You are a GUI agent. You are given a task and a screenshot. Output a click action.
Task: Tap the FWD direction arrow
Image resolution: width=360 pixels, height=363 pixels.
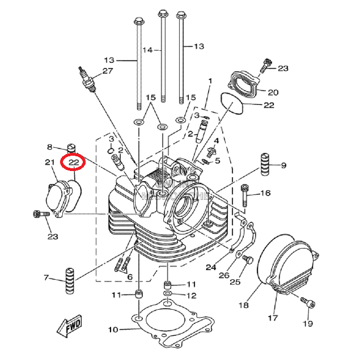69,327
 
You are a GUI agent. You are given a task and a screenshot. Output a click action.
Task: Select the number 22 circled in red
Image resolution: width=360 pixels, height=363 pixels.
73,163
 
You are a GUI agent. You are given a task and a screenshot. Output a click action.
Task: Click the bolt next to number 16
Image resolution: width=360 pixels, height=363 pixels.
245,195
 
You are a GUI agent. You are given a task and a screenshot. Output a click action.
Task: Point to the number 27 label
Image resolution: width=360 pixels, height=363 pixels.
107,71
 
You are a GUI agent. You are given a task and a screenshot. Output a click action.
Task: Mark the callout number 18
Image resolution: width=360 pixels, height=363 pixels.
244,306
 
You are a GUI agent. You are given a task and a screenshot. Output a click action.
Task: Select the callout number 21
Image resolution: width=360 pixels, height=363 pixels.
49,163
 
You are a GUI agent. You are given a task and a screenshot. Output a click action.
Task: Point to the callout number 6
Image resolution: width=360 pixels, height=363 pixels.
129,277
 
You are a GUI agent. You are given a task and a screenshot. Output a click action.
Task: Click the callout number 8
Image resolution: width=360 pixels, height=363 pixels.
49,147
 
